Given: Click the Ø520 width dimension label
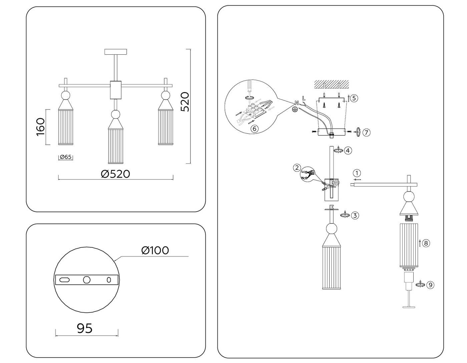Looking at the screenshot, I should (x=115, y=174).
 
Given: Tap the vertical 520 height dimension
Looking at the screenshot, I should (x=184, y=102).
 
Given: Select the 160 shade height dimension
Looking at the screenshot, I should (x=40, y=127).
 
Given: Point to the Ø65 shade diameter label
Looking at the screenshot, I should (x=66, y=157).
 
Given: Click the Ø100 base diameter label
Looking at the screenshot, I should (x=155, y=250).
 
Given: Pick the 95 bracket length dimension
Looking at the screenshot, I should (x=85, y=328).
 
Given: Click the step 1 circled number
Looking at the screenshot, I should (x=357, y=173).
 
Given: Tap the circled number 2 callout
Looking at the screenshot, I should (x=297, y=167).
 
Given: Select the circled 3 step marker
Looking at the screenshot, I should (x=355, y=216).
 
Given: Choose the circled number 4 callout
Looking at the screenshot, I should (x=348, y=150).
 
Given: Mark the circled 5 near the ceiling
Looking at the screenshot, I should (x=354, y=98).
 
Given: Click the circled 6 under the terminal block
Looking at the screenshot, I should (x=254, y=128).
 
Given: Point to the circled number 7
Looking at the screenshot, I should (x=366, y=132).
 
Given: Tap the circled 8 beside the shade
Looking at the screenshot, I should (x=426, y=243).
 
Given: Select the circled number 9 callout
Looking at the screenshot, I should (x=430, y=285).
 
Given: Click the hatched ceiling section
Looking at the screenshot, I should (x=332, y=84).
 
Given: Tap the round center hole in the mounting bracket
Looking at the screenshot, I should (x=87, y=280).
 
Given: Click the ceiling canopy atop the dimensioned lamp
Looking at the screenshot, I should (x=116, y=52).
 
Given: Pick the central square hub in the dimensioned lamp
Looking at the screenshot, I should (x=116, y=90).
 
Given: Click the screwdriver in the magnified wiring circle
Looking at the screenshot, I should (x=249, y=87).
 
